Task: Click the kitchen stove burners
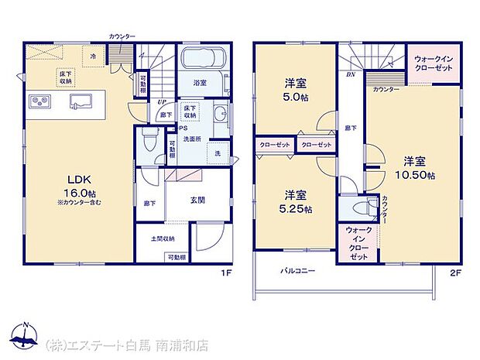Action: coord(39,101)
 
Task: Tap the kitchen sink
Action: coord(81,101)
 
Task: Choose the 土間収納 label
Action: coord(163,238)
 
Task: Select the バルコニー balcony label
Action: coord(298,271)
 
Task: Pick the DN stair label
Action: coord(351,75)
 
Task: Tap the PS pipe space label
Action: coord(183,129)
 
